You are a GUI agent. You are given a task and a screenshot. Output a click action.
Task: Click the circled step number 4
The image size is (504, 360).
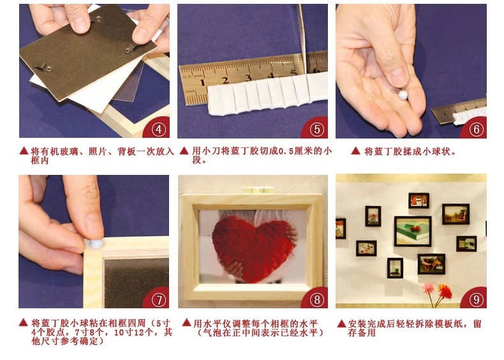point(158,130)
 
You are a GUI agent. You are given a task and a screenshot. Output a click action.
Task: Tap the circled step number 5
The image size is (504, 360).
point(317,130)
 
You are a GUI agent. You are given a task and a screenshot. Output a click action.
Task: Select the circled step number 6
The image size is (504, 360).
point(476,130)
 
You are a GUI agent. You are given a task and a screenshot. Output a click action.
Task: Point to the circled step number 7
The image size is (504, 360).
point(158,300)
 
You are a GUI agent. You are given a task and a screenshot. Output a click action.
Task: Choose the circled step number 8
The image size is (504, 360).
point(317,300)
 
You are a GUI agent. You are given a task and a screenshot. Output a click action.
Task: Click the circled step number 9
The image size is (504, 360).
point(476,300)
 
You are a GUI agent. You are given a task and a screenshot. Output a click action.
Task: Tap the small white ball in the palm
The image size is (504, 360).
point(403,94)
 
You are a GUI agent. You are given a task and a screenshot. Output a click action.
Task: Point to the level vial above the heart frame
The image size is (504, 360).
point(259,190)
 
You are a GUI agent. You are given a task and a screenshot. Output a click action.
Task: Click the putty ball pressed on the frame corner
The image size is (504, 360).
point(96,244)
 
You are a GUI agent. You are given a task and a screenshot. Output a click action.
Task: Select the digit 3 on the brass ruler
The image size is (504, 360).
point(248,77)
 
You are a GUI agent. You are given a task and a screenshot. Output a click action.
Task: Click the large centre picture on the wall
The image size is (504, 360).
point(413,231)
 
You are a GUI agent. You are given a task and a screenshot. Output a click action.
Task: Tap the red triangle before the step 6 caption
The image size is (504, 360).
point(355,151)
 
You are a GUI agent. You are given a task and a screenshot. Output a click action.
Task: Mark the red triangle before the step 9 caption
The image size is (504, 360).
point(341,324)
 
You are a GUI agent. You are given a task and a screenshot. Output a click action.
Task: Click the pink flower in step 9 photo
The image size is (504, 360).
point(429,289)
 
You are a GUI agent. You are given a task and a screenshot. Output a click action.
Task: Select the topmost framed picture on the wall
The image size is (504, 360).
point(419,200)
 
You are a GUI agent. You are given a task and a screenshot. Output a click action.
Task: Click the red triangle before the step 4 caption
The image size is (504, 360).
point(24,151)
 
